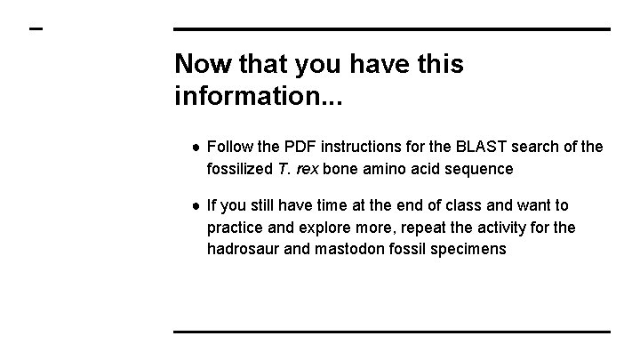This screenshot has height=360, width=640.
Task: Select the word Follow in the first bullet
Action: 229,146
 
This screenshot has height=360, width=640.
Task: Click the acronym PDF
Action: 307,146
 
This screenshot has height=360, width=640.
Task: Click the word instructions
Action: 372,146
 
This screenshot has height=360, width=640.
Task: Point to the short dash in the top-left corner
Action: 36,29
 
